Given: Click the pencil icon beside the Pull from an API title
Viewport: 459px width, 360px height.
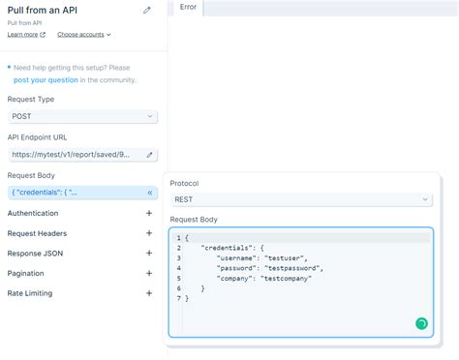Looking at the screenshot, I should click(147, 11).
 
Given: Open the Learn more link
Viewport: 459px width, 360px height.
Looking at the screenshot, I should click(26, 34).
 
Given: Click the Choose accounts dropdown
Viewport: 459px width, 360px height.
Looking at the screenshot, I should click(83, 34).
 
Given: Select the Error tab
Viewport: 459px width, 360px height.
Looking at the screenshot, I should click(188, 8).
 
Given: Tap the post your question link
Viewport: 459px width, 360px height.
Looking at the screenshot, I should click(46, 79).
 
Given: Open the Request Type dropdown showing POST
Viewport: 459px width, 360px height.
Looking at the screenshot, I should click(82, 116).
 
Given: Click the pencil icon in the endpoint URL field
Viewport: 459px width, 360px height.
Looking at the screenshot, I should click(149, 154).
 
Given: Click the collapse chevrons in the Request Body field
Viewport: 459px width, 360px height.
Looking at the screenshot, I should click(149, 193).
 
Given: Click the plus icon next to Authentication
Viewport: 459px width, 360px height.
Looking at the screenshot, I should click(149, 213).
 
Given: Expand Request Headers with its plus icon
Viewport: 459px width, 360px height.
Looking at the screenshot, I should click(149, 233).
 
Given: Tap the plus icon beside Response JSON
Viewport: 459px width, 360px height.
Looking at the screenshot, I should click(149, 253).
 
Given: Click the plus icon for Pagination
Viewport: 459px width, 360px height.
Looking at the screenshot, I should click(149, 273).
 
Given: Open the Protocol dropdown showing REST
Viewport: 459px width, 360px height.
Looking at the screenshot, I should click(301, 199).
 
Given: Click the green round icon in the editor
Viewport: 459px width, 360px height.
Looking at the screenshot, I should click(421, 323).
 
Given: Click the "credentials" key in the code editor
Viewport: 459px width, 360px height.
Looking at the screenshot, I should click(228, 248).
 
